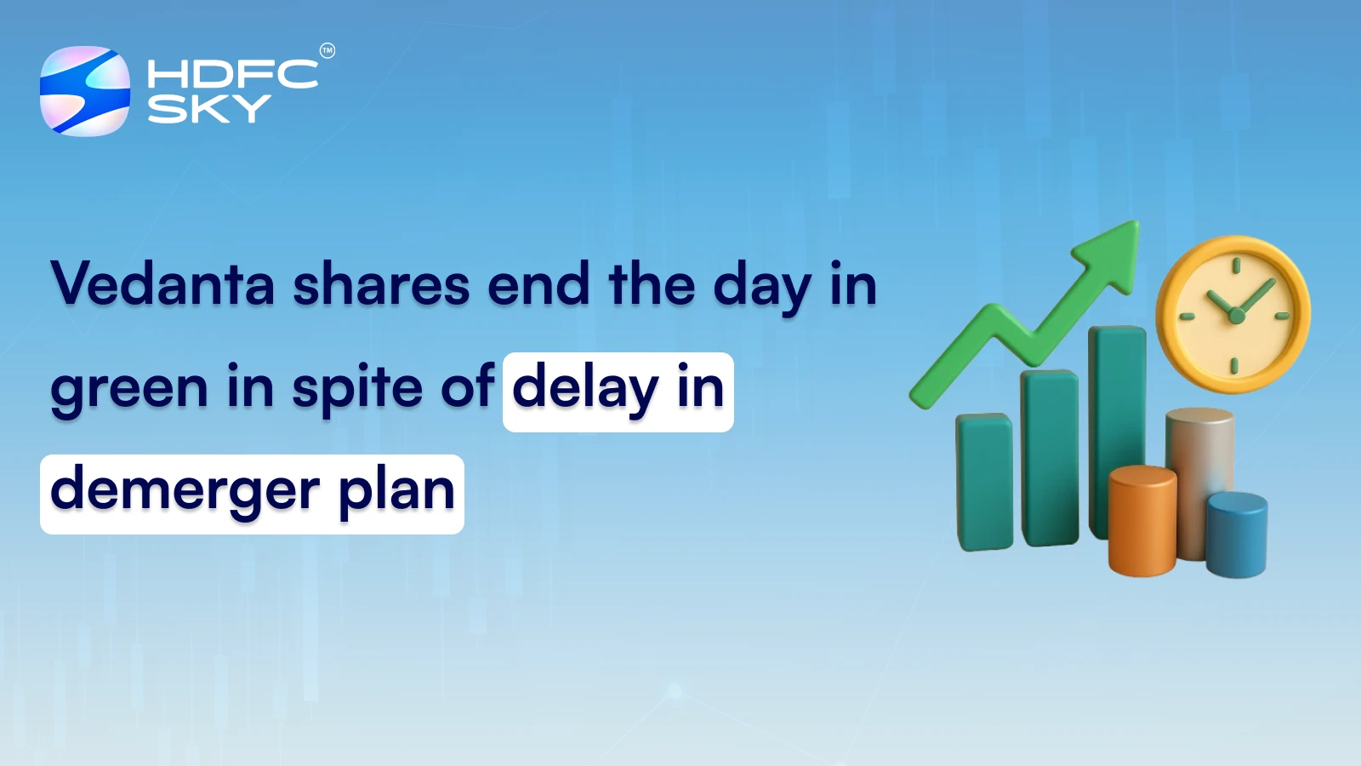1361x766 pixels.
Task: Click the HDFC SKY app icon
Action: click(x=85, y=91)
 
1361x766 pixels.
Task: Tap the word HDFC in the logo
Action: click(x=232, y=74)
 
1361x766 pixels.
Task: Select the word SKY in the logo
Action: click(x=209, y=109)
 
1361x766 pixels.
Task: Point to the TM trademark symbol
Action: click(x=327, y=51)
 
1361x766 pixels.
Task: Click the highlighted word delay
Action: click(x=585, y=388)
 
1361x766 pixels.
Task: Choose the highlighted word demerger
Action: click(x=185, y=491)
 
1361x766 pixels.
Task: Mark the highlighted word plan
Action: click(x=396, y=491)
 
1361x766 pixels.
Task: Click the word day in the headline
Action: click(x=761, y=285)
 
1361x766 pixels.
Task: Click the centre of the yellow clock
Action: click(x=1235, y=315)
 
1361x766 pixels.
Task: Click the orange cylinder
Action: click(x=1142, y=521)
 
